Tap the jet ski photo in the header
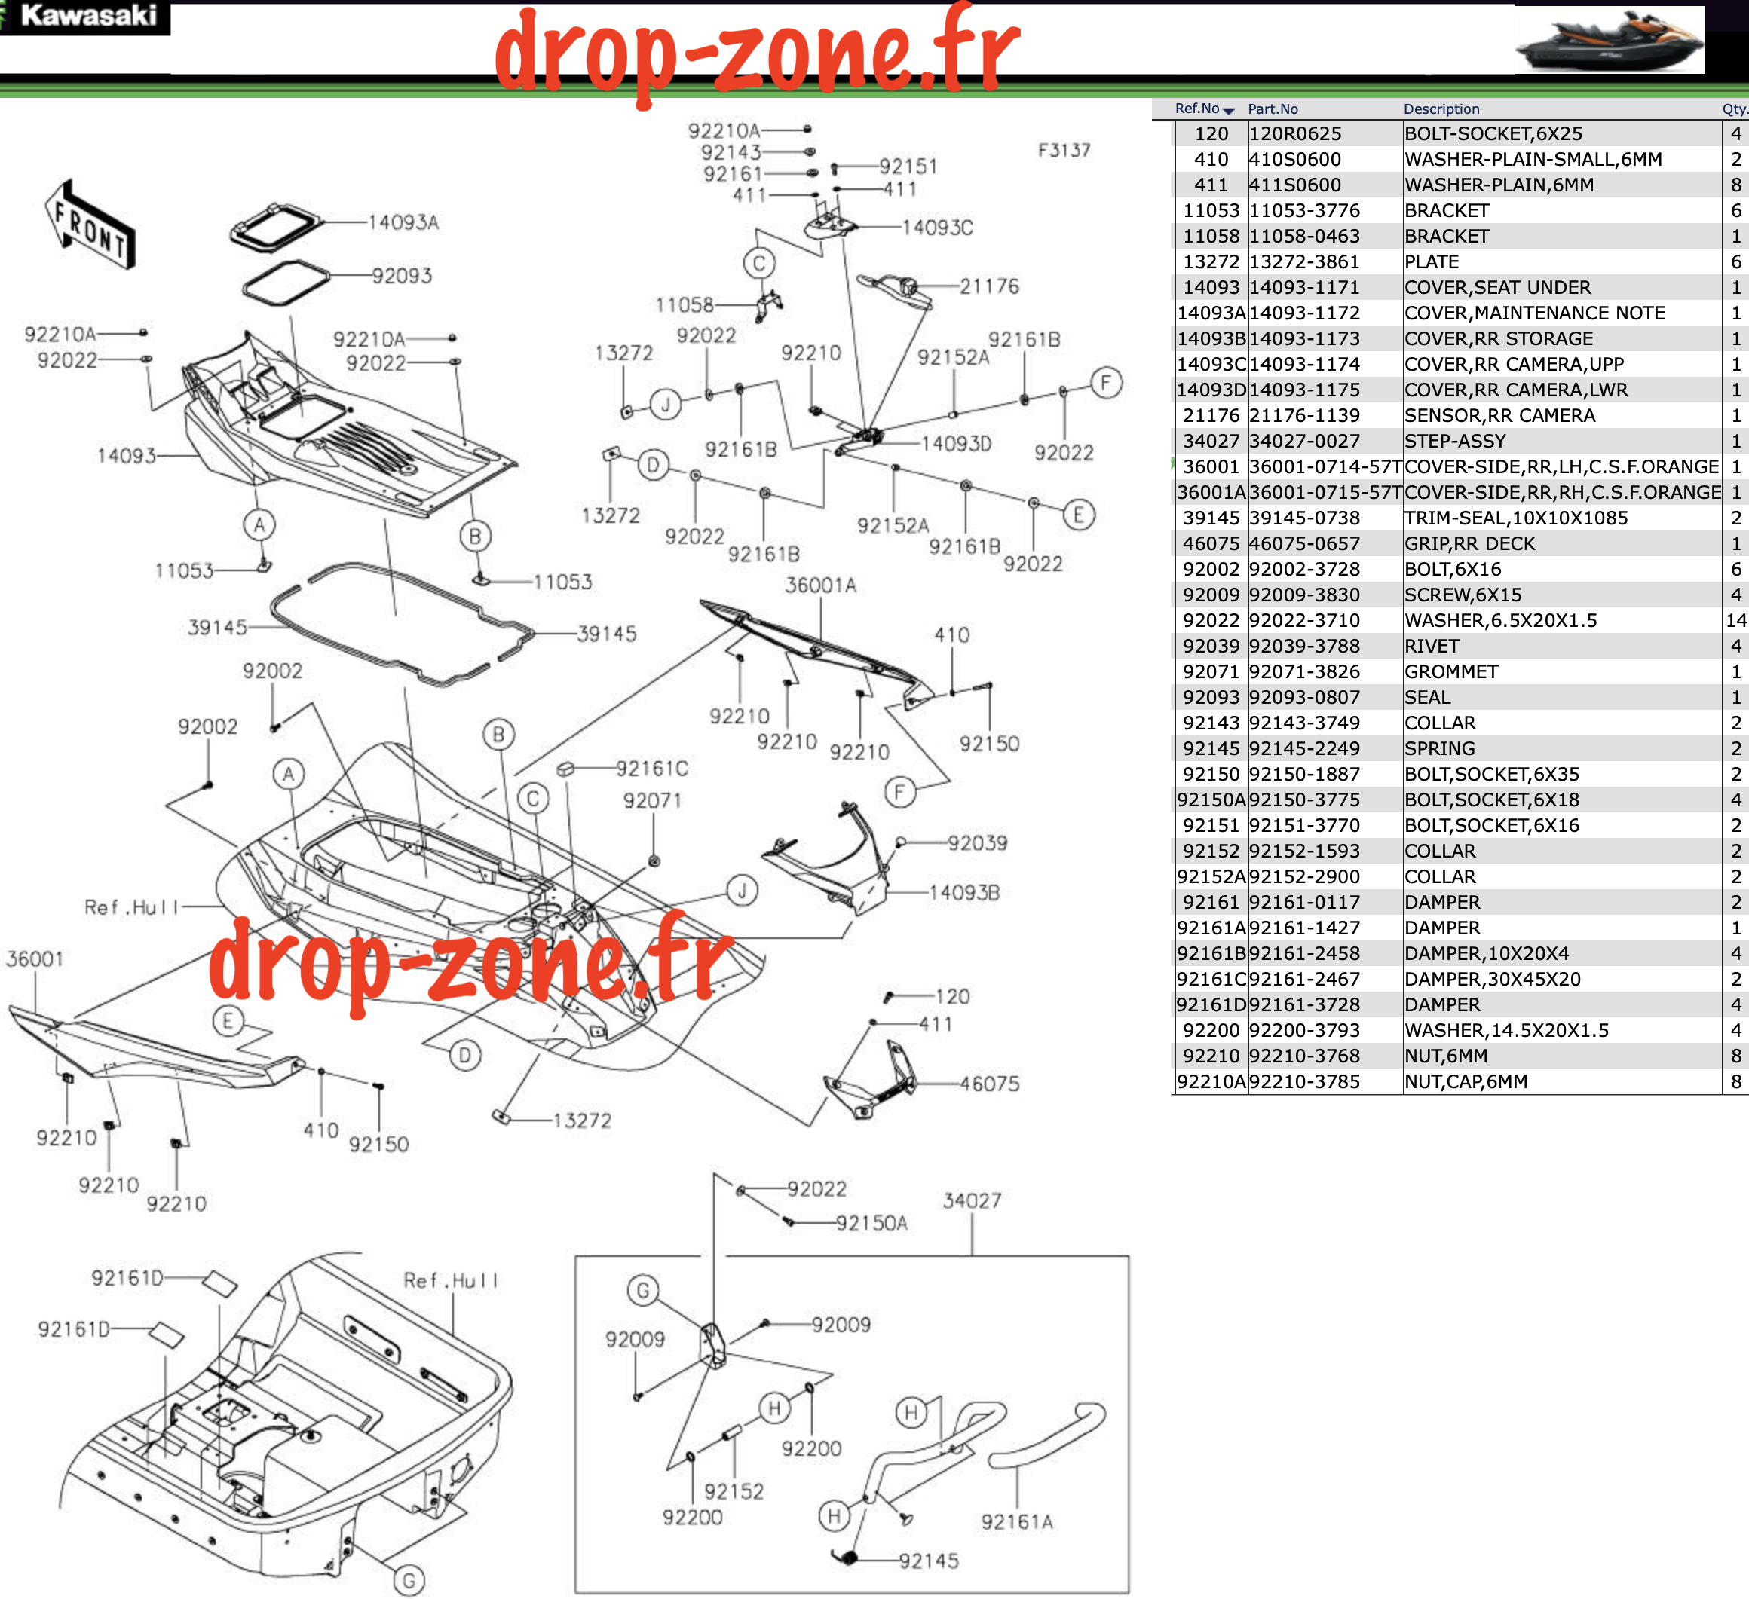(1610, 40)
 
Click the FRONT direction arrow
(90, 225)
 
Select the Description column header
(1441, 109)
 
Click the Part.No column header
(1273, 109)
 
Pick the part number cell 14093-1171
(1305, 288)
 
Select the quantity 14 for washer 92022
(1736, 621)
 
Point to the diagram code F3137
(1064, 150)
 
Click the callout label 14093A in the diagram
(403, 223)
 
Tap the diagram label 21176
(989, 286)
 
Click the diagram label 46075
(989, 1083)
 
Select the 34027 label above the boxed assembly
(972, 1201)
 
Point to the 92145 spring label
(928, 1561)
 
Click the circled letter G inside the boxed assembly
(643, 1290)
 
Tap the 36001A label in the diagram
(821, 585)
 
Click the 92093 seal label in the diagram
(402, 276)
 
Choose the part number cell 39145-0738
(1305, 518)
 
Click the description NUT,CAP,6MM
(1466, 1082)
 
